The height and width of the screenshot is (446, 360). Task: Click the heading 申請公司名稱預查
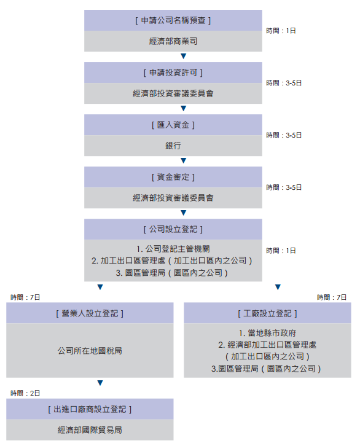tap(173, 20)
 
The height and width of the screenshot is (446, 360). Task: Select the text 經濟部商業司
tap(173, 41)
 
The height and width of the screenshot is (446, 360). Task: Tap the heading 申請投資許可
tap(173, 73)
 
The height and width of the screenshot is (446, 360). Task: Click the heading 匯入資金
tap(173, 125)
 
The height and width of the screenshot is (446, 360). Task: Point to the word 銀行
tap(173, 146)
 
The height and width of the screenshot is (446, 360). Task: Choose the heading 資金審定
tap(173, 177)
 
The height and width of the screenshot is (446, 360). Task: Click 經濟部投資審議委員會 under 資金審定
tap(173, 198)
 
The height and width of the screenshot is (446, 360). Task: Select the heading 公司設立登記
tap(173, 229)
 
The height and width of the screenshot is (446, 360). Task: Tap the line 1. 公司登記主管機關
tap(173, 249)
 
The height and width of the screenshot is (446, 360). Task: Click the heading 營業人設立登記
tap(90, 313)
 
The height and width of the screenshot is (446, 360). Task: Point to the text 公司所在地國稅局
tap(90, 351)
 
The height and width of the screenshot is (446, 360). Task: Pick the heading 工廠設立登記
tap(267, 313)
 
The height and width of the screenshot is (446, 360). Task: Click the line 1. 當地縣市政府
tap(267, 333)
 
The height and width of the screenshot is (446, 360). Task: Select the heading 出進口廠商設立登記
tap(90, 409)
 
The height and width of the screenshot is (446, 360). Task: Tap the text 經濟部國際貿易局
tap(90, 430)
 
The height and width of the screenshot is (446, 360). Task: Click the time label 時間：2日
tap(25, 393)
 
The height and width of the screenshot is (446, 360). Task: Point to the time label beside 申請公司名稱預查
tap(281, 31)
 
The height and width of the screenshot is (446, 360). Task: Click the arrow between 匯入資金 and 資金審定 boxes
tap(184, 161)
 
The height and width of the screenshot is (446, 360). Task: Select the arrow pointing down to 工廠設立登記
tap(278, 287)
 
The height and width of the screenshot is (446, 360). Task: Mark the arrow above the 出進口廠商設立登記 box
tap(100, 383)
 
